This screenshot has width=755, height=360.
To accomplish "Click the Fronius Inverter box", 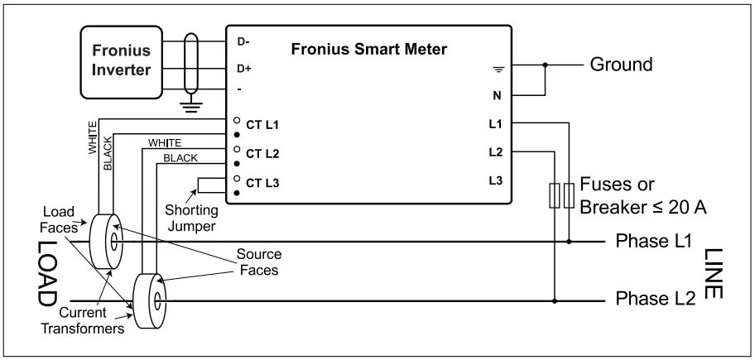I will [x=122, y=60].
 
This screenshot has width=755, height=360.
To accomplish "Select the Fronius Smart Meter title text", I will [x=369, y=49].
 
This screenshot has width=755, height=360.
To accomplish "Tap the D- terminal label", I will [x=244, y=41].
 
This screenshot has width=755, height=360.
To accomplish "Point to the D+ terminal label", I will [x=244, y=67].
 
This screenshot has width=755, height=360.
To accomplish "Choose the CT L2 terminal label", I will [x=262, y=155].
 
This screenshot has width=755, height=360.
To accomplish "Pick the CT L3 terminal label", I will [x=262, y=183].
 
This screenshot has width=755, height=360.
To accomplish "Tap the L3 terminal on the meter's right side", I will [x=496, y=180].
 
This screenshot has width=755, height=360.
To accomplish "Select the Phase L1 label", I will [x=652, y=242].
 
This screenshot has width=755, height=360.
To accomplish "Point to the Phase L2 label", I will [x=652, y=300].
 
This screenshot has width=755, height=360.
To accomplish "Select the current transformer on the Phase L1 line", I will [x=105, y=241].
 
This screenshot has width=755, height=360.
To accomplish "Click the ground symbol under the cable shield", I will [x=192, y=103].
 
